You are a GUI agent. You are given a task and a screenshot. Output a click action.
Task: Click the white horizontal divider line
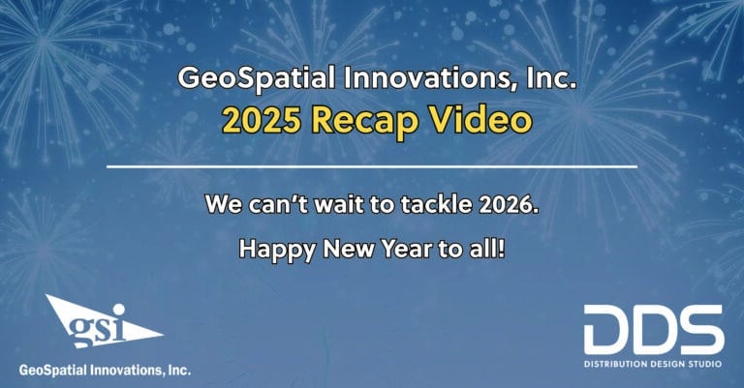(371, 166)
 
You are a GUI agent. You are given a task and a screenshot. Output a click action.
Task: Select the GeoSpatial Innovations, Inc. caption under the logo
(105, 370)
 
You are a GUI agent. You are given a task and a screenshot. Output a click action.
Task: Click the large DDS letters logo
(653, 329)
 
